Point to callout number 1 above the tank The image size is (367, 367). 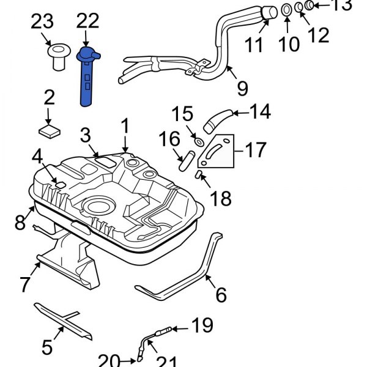coord(125,127)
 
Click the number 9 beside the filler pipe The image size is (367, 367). coord(242,88)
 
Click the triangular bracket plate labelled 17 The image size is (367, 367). coord(220,153)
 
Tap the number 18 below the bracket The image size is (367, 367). coord(221,198)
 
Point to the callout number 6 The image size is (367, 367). coord(220,295)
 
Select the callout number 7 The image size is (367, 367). coord(24,284)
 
